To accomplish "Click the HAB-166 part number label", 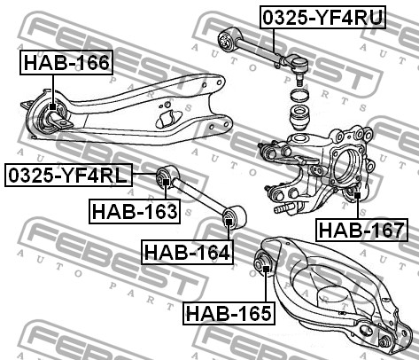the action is pyautogui.click(x=66, y=62).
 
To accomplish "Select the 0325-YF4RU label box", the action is pyautogui.click(x=323, y=17).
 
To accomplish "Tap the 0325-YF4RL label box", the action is pyautogui.click(x=68, y=175).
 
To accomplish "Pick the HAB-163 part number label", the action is pyautogui.click(x=135, y=211).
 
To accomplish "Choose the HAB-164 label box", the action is pyautogui.click(x=187, y=252).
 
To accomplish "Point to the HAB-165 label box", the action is pyautogui.click(x=229, y=313).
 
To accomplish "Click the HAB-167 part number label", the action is pyautogui.click(x=361, y=230).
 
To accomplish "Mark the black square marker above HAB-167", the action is pyautogui.click(x=358, y=195).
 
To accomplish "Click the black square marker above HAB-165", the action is pyautogui.click(x=266, y=269).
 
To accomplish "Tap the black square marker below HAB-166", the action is pyautogui.click(x=52, y=106).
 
